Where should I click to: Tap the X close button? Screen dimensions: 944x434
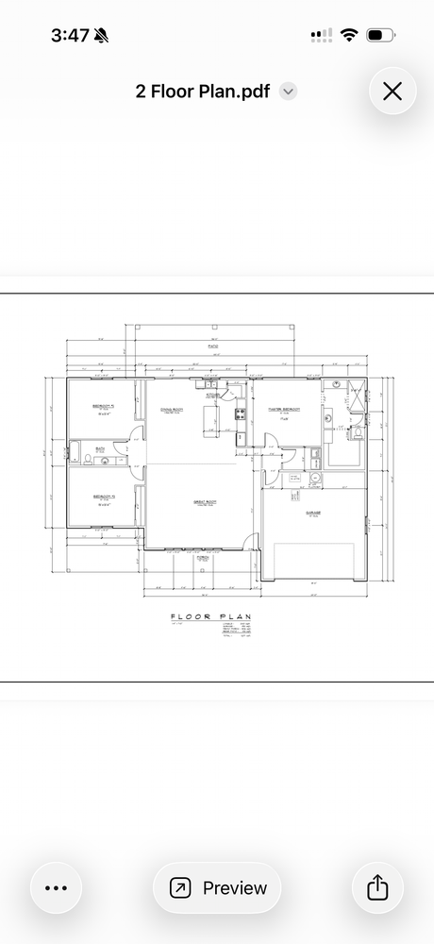[x=392, y=91]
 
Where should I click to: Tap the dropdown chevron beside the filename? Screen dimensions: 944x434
[x=290, y=92]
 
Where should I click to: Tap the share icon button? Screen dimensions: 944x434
[x=376, y=887]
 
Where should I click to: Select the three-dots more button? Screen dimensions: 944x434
[x=57, y=887]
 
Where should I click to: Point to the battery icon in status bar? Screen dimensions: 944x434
[x=379, y=35]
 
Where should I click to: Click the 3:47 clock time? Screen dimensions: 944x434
[x=70, y=35]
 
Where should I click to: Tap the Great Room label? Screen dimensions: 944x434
[x=206, y=501]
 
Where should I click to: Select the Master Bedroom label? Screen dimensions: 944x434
[x=284, y=409]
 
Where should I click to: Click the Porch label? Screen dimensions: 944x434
[x=203, y=558]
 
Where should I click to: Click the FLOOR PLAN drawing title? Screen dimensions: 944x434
[x=210, y=618]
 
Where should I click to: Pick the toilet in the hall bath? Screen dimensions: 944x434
[x=87, y=460]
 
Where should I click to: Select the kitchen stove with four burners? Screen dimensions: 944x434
[x=240, y=413]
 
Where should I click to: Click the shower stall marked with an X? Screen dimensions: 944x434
[x=356, y=395]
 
